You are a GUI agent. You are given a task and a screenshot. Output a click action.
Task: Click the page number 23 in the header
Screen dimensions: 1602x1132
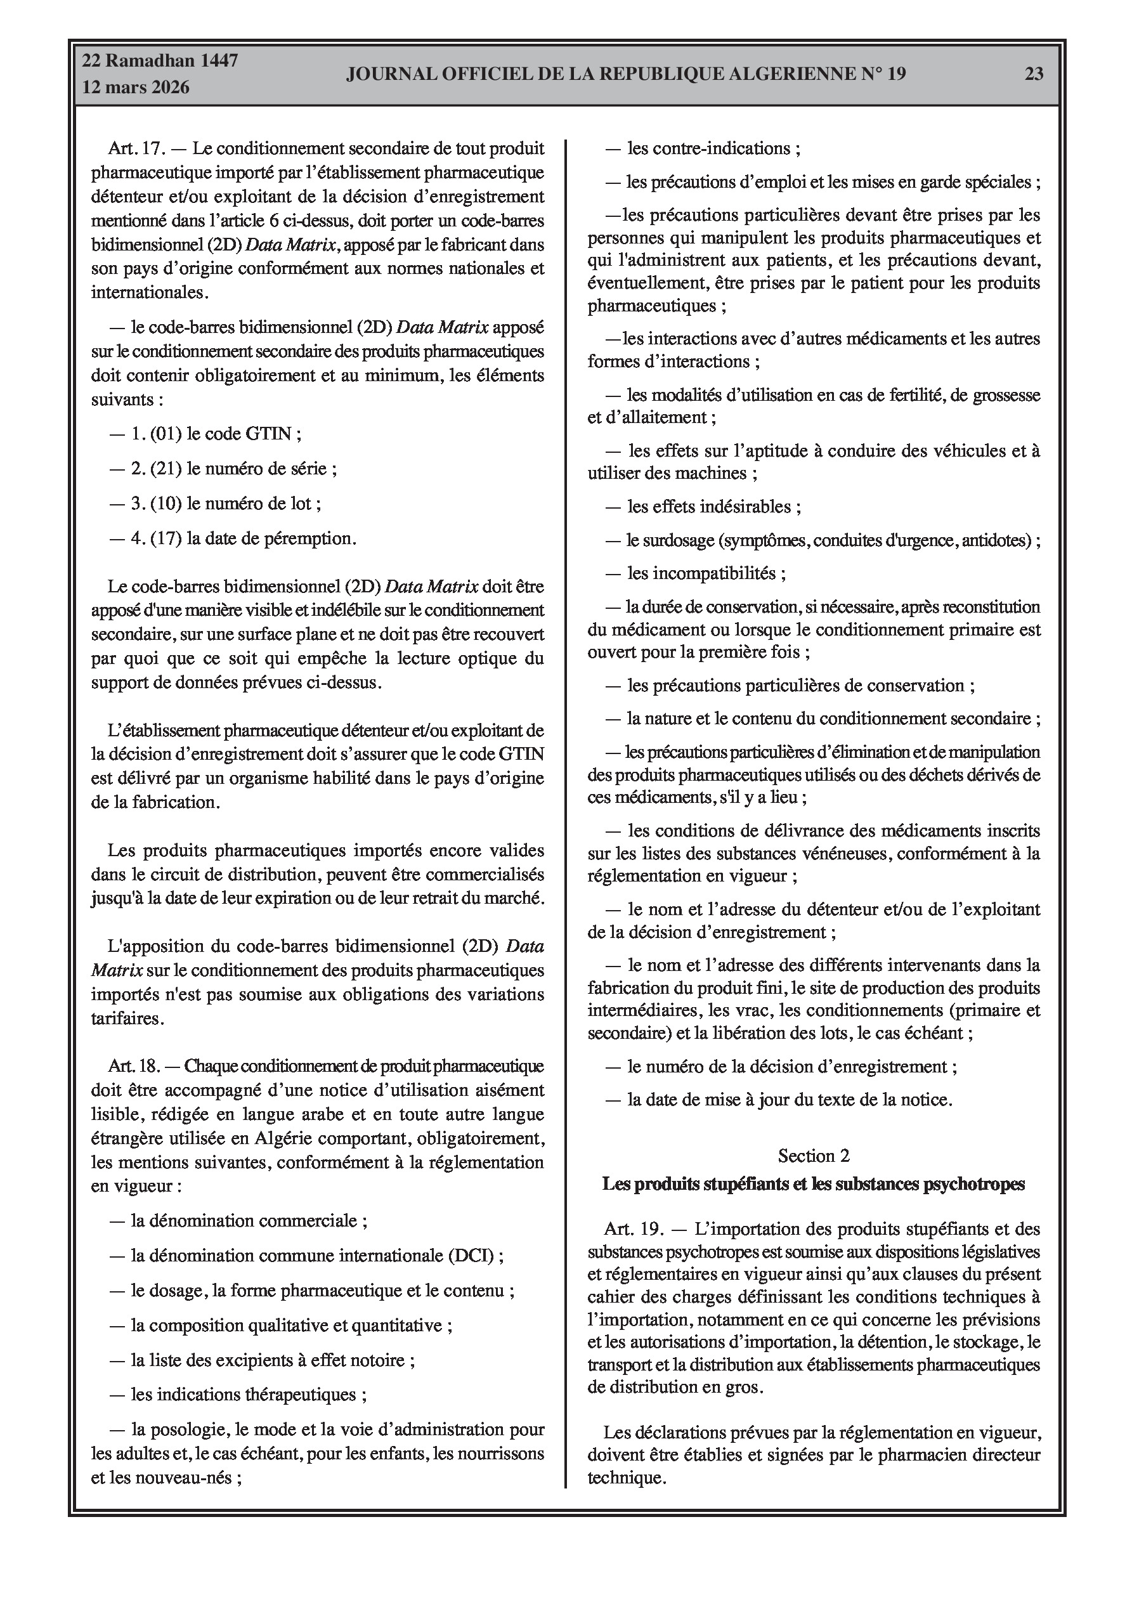1034,74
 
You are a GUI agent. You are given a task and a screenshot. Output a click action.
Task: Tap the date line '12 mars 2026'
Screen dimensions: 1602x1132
136,88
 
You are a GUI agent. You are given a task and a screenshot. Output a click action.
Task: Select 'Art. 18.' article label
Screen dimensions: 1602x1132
134,1066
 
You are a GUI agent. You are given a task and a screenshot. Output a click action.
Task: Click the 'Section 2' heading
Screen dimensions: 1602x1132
814,1156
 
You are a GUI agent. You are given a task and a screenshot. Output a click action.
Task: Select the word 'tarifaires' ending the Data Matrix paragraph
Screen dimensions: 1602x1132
126,1018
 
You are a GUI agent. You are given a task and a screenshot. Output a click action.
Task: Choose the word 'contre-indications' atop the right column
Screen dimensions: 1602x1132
708,148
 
